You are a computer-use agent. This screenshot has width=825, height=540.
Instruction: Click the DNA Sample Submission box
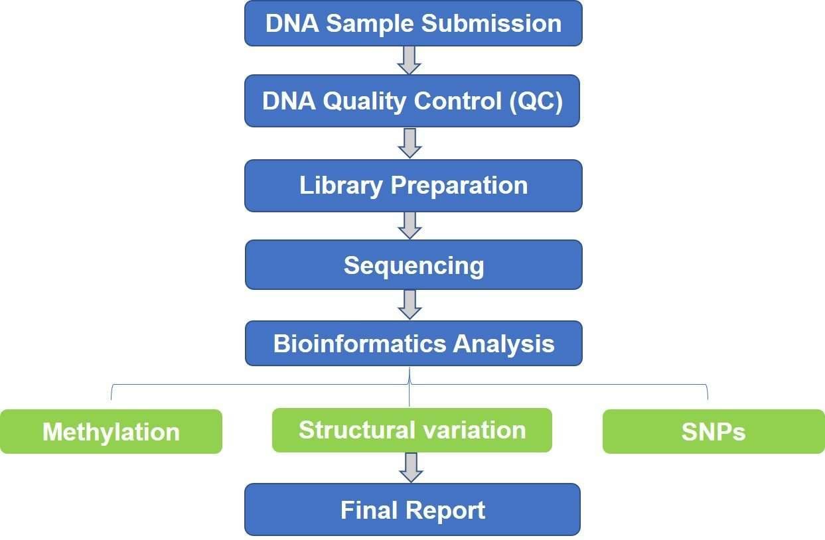[x=413, y=23]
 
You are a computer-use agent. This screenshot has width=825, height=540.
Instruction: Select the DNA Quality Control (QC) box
[x=412, y=101]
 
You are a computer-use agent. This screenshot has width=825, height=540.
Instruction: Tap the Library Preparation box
[x=413, y=186]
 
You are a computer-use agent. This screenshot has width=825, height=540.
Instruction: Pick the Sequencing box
[x=413, y=265]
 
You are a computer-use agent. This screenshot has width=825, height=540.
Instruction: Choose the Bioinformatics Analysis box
[x=413, y=344]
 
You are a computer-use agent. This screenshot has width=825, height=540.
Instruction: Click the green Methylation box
[x=111, y=431]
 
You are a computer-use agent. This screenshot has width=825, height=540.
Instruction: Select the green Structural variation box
[x=412, y=430]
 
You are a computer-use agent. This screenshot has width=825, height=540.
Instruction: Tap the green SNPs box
[x=713, y=431]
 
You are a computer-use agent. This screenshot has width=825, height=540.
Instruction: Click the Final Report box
[x=413, y=509]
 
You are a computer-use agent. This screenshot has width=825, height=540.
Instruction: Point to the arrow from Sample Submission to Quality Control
[x=410, y=60]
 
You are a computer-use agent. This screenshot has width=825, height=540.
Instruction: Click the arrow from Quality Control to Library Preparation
[x=410, y=143]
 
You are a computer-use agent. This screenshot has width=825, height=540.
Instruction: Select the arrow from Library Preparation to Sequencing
[x=410, y=226]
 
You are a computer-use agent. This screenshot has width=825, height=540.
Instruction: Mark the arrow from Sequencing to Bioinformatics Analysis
[x=410, y=304]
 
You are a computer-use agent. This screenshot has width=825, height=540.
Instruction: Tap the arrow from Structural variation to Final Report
[x=411, y=468]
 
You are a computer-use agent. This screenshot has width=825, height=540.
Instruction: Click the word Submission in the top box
[x=491, y=24]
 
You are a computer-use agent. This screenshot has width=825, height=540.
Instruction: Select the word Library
[x=340, y=186]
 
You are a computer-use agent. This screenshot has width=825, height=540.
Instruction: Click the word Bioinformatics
[x=360, y=344]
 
